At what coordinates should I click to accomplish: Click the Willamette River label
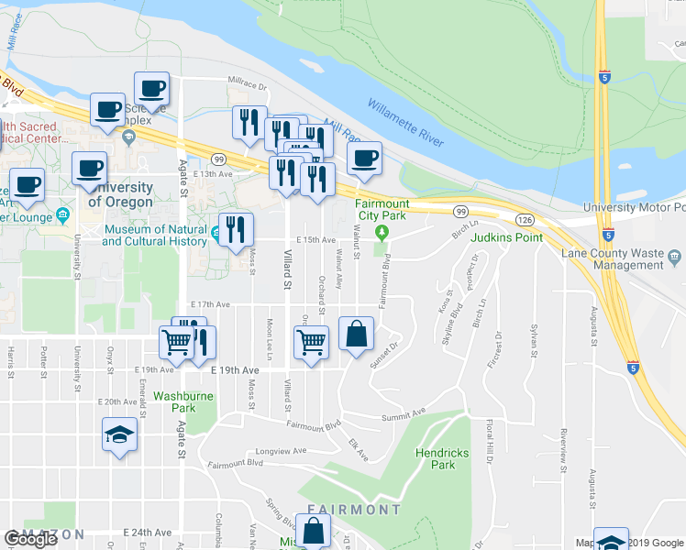coord(406,125)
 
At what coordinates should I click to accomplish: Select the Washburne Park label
coord(175,401)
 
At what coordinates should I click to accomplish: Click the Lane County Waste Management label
coord(603,258)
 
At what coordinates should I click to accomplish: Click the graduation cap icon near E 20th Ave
coord(119,434)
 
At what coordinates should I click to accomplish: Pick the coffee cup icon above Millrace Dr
coord(151,90)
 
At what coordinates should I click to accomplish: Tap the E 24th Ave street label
coord(152,532)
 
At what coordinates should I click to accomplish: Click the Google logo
coord(31,539)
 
